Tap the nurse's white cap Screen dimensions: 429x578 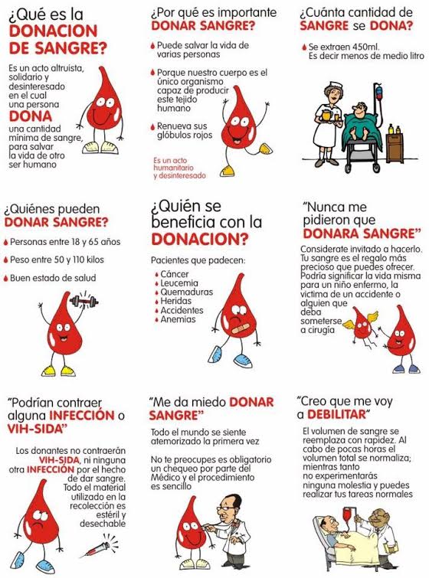pos(329,87)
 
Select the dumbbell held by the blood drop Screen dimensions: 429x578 pos(84,302)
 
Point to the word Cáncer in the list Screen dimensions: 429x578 pos(175,274)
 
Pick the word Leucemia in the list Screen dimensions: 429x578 pos(179,283)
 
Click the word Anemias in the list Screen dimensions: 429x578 pos(178,319)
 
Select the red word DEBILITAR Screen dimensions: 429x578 pos(336,414)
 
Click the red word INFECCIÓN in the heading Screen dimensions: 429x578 pos(82,416)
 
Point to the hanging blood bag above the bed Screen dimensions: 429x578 pos(346,514)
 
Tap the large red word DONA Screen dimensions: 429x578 pos(31,116)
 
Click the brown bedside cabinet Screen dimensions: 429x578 pos(395,148)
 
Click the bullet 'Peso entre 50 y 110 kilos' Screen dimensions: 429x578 pos(54,260)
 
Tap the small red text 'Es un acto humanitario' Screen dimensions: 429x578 pos(172,164)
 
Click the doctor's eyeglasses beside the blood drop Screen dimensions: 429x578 pos(224,508)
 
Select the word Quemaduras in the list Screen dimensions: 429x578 pos(187,292)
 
